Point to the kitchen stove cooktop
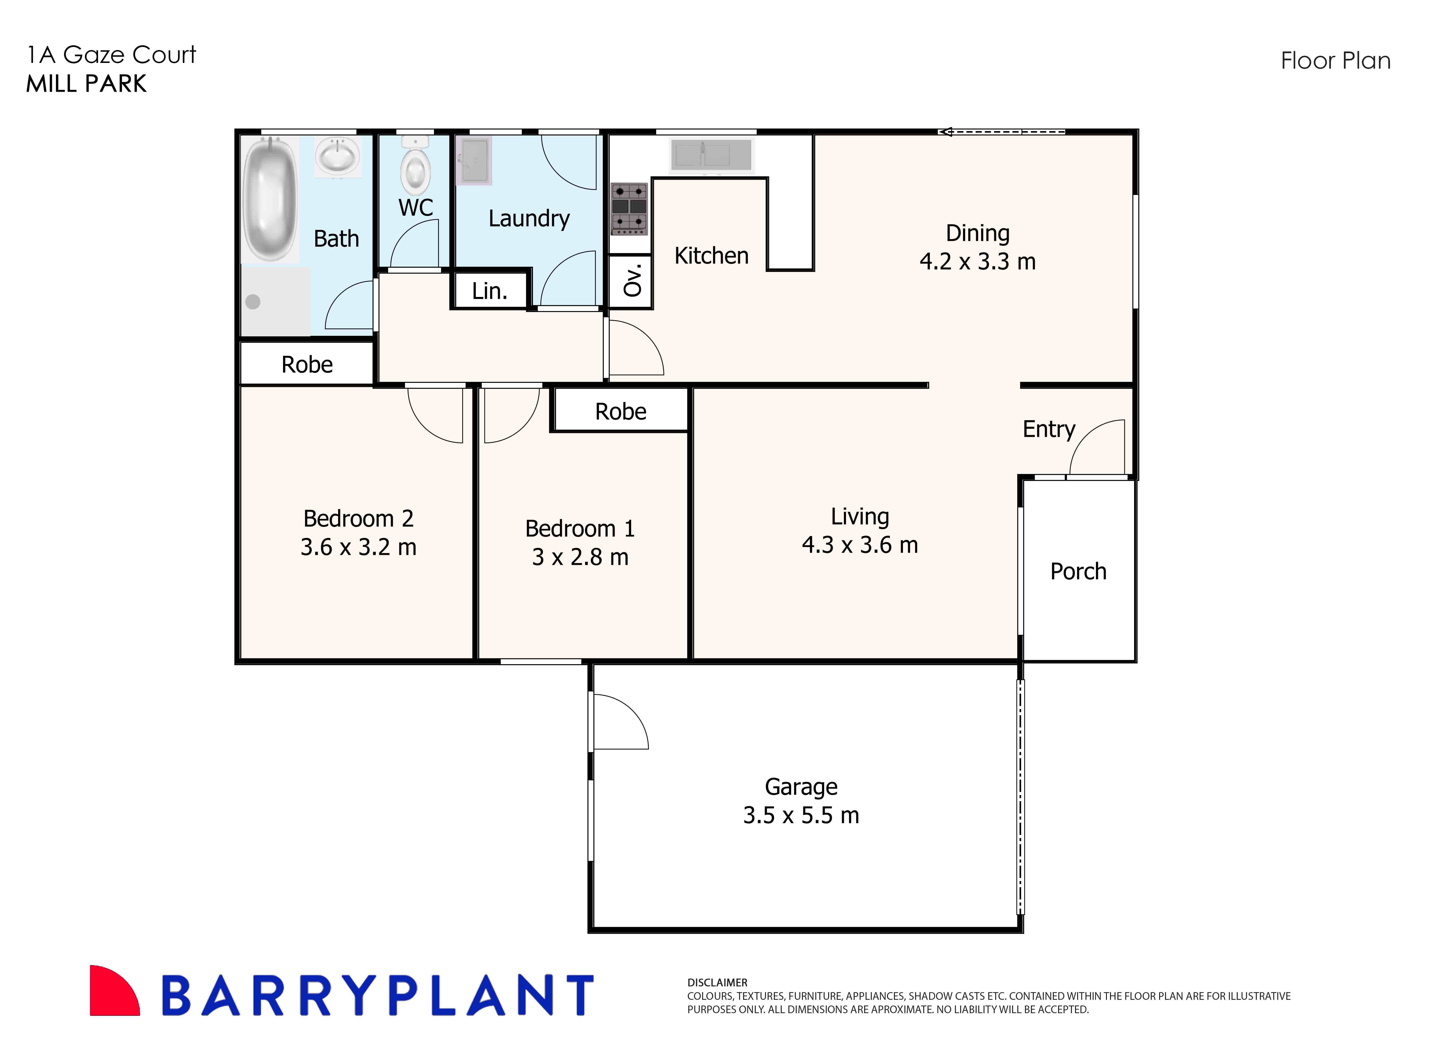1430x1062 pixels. [x=629, y=208]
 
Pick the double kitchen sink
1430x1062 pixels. [x=711, y=156]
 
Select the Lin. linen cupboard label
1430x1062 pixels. [x=490, y=291]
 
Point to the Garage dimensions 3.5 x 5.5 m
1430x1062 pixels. [x=801, y=815]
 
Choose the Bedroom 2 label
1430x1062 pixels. [x=358, y=518]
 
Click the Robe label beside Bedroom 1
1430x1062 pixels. [x=620, y=411]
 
